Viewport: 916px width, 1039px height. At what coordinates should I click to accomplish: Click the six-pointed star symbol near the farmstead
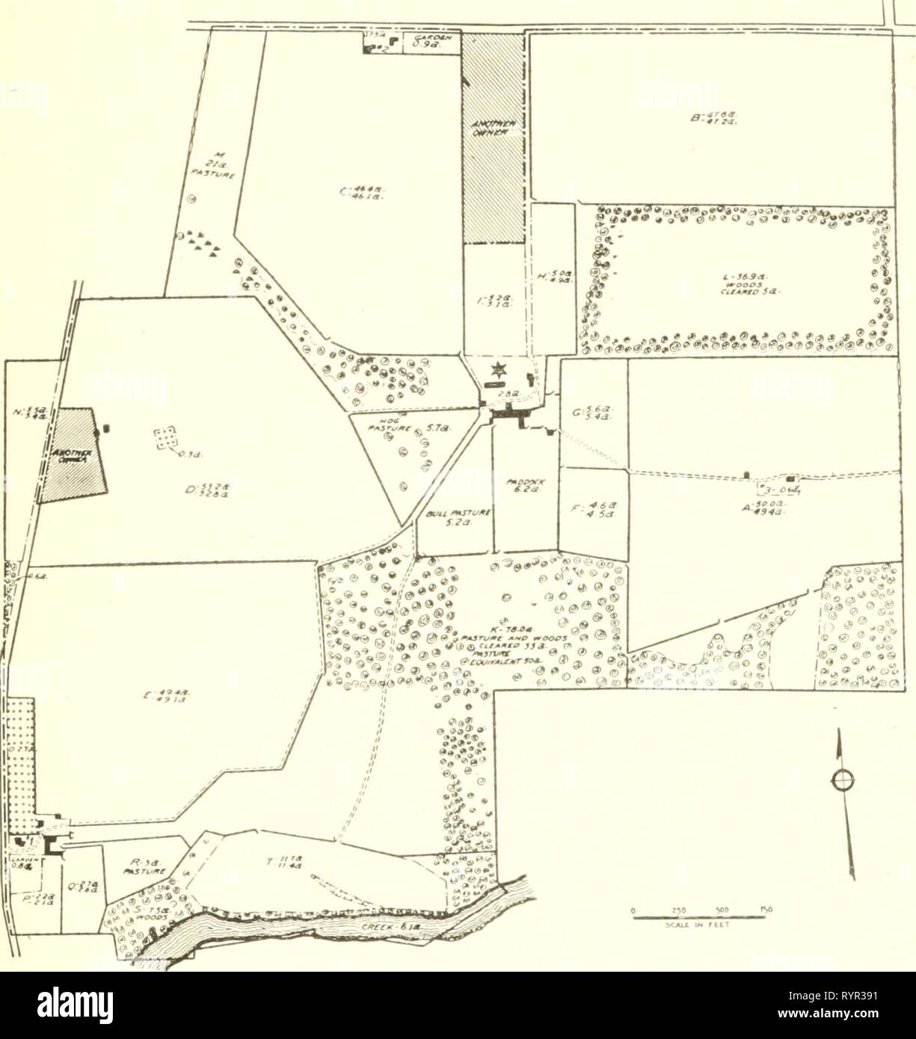point(496,369)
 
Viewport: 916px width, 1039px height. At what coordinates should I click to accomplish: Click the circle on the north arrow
point(843,780)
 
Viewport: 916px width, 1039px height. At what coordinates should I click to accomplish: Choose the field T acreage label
point(280,861)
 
